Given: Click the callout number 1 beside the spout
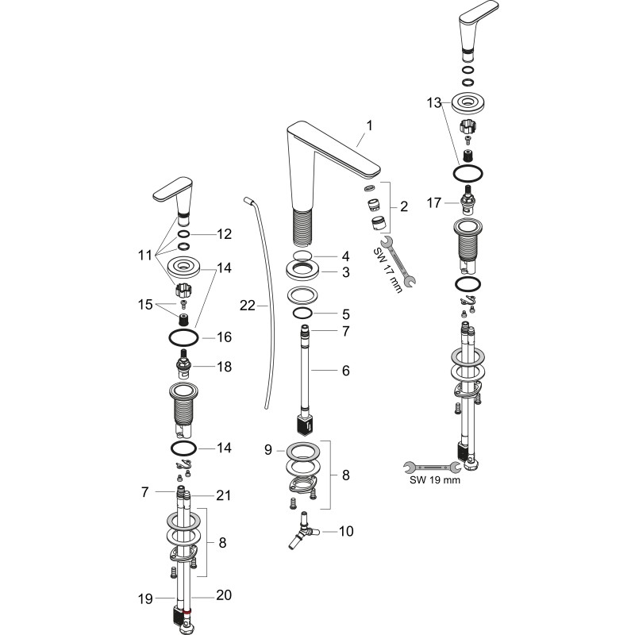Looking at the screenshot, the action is (x=369, y=126).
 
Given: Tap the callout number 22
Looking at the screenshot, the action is (x=248, y=306).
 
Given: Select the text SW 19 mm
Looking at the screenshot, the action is (x=435, y=480).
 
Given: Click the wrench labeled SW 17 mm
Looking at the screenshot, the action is (x=398, y=261).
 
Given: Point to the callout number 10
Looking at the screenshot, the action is (x=346, y=531).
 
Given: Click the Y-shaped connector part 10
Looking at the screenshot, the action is (x=303, y=530).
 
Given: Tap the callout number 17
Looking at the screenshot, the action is (x=433, y=202).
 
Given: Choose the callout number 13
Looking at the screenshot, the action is (x=433, y=103).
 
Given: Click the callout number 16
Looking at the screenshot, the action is (x=225, y=337).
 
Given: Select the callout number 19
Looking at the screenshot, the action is (x=145, y=598).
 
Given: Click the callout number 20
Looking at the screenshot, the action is (x=224, y=595).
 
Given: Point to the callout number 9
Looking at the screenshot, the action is (x=268, y=449).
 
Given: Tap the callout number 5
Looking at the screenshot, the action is (x=345, y=314).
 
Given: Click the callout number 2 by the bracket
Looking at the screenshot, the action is (x=404, y=206).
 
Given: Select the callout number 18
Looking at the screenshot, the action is (x=225, y=367).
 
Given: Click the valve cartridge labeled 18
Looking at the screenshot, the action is (x=184, y=364).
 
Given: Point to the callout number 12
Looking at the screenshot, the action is (x=225, y=234).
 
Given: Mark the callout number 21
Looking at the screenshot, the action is (x=223, y=495).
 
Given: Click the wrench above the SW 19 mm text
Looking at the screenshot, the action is (x=432, y=468).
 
